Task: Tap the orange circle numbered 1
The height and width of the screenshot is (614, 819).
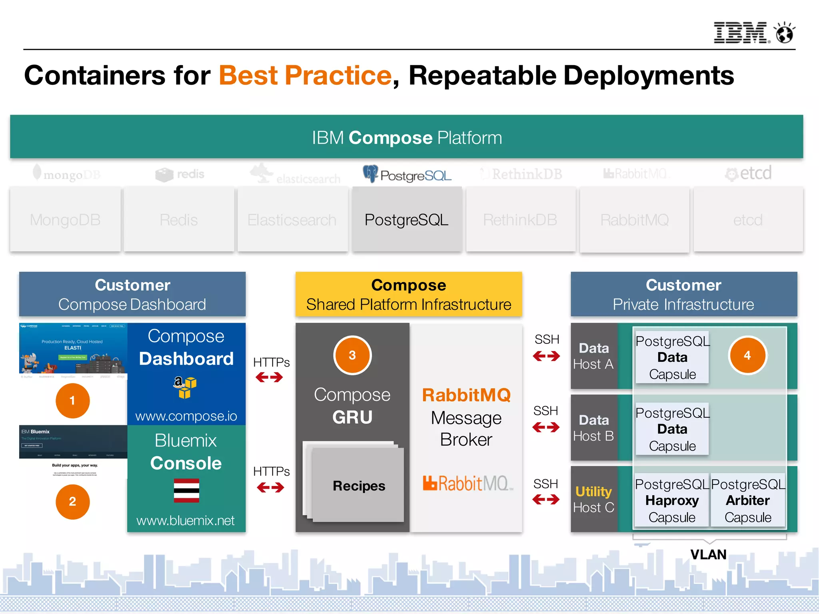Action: tap(72, 401)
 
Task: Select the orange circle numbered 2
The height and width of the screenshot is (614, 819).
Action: tap(72, 501)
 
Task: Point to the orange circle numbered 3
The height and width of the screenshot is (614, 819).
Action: tap(352, 355)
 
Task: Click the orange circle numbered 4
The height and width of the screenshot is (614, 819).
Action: tap(747, 355)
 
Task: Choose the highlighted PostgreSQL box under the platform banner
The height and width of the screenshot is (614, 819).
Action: tap(407, 219)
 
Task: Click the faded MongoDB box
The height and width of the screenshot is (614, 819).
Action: tap(65, 219)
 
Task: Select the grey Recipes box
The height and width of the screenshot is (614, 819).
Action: tap(358, 485)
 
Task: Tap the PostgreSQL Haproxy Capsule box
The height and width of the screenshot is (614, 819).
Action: tap(672, 500)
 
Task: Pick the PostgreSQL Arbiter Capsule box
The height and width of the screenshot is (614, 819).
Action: tap(748, 500)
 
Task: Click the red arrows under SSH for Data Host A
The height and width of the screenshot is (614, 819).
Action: tap(546, 356)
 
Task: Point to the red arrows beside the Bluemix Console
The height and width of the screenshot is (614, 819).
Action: tap(270, 487)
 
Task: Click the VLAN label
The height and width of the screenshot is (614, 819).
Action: tap(708, 554)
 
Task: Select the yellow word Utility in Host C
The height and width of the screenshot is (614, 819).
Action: tap(593, 491)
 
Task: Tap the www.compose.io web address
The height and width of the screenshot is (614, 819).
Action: tap(186, 416)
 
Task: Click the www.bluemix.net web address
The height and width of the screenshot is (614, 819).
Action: tap(186, 520)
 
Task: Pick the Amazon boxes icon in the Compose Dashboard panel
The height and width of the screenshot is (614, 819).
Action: tap(185, 387)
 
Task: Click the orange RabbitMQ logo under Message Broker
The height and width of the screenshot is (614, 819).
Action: tap(466, 483)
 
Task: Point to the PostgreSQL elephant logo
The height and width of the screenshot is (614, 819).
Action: tap(370, 173)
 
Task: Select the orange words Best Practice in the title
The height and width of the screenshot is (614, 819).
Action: tap(305, 75)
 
